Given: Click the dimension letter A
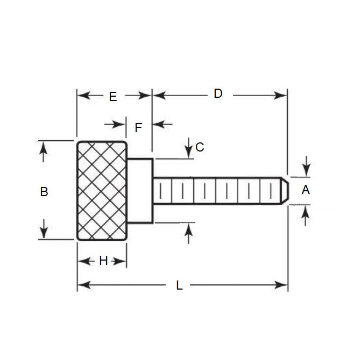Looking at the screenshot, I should pos(306,189).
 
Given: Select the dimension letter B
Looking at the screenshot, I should pos(44,191).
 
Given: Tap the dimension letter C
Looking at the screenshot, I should pos(200,147).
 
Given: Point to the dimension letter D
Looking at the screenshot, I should pos(218,93).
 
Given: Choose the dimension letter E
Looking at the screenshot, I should pos(112,97).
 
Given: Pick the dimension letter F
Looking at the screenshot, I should pos(138,128).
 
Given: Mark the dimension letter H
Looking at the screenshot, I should pos(103,261).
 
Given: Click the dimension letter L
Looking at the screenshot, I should pos(180,286).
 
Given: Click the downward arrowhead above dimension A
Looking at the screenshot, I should pos(306,171).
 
